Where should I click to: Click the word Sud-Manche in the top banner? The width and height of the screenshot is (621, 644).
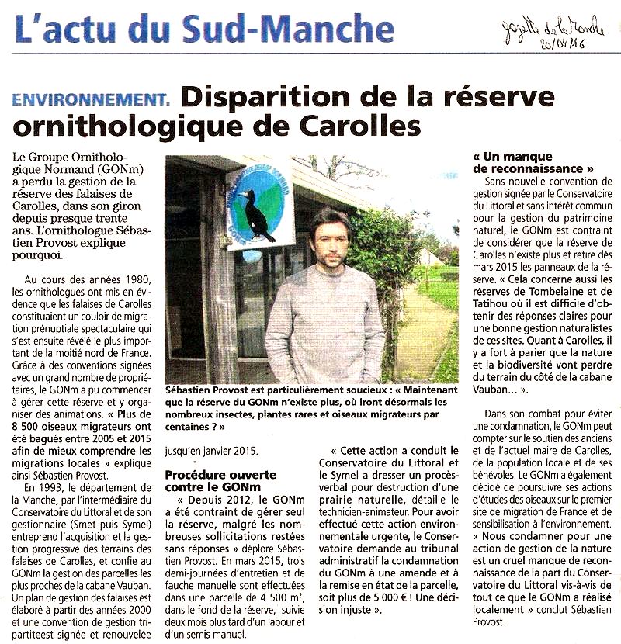click(x=288, y=29)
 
